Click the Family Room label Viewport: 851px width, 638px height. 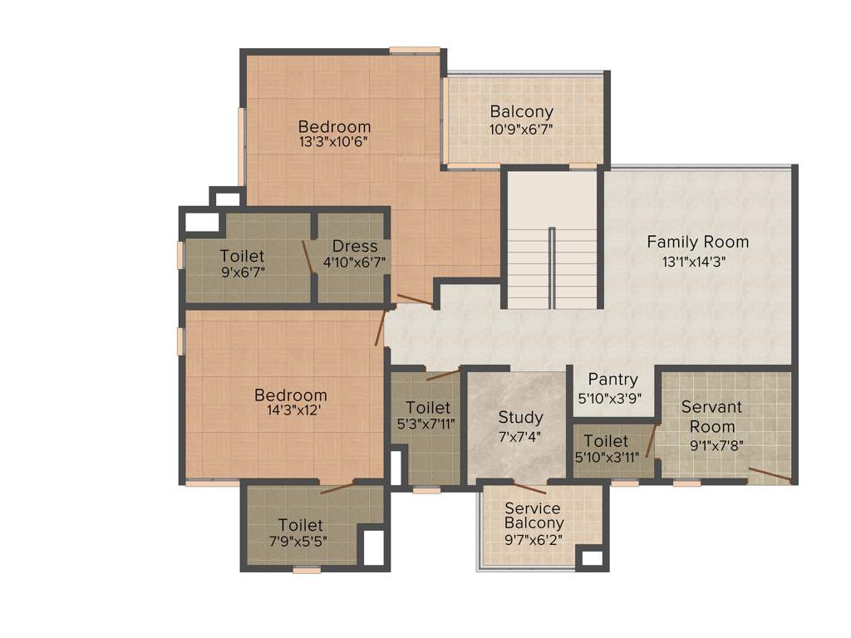pyautogui.click(x=697, y=243)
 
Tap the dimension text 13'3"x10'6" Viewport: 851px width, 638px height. pyautogui.click(x=333, y=141)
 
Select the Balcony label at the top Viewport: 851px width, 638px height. pyautogui.click(x=521, y=111)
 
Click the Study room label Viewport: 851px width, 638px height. pyautogui.click(x=520, y=417)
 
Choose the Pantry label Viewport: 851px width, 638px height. pyautogui.click(x=612, y=380)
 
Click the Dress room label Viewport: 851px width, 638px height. pyautogui.click(x=355, y=246)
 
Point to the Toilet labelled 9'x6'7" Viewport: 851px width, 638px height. pyautogui.click(x=242, y=256)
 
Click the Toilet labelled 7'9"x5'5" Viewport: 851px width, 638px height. pyautogui.click(x=300, y=525)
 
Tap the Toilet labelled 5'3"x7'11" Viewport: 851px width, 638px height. pyautogui.click(x=428, y=408)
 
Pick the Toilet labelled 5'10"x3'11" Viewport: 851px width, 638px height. pyautogui.click(x=606, y=441)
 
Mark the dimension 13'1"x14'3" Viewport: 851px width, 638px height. pyautogui.click(x=697, y=260)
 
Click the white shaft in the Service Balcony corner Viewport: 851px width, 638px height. pyautogui.click(x=591, y=557)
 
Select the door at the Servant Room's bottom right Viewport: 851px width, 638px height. pyautogui.click(x=769, y=476)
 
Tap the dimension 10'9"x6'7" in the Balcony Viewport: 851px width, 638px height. pyautogui.click(x=521, y=129)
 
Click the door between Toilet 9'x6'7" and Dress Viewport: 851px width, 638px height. pyautogui.click(x=307, y=257)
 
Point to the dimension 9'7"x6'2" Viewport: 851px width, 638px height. pyautogui.click(x=534, y=539)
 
